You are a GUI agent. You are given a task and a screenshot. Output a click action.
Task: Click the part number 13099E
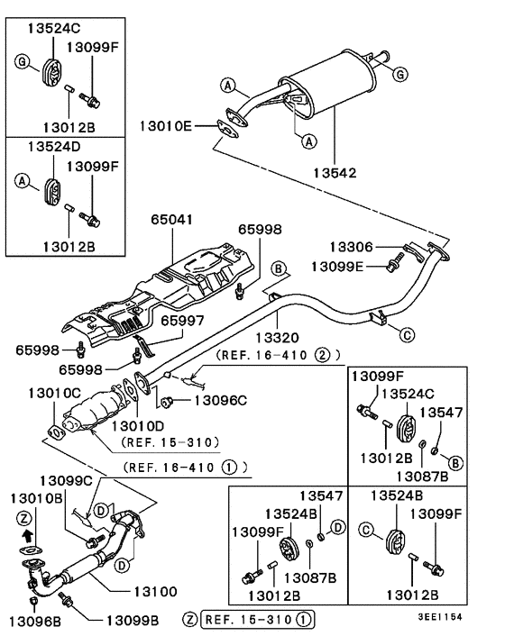pyautogui.click(x=339, y=266)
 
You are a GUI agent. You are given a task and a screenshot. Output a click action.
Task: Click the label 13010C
pyautogui.click(x=54, y=393)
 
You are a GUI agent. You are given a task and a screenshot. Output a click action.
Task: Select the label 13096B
pyautogui.click(x=35, y=621)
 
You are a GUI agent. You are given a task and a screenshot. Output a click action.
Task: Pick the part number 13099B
pyautogui.click(x=132, y=621)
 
